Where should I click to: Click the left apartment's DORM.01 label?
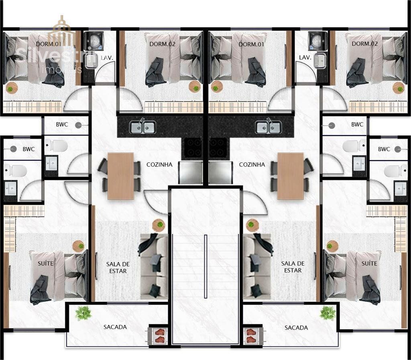point(49,44)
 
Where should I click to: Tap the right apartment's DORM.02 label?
point(364,44)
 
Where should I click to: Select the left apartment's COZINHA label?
point(159,164)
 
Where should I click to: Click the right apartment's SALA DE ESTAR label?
point(293,267)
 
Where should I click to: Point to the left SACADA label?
point(115,327)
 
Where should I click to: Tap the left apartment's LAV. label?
point(107,58)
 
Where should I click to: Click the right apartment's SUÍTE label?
point(369,263)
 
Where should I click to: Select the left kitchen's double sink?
point(143,127)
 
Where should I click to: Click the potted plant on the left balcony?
point(83,313)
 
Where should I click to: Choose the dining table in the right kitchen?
point(291,176)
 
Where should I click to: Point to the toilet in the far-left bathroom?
point(16,171)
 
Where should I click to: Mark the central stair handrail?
point(205,267)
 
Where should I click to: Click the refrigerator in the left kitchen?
point(191,172)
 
